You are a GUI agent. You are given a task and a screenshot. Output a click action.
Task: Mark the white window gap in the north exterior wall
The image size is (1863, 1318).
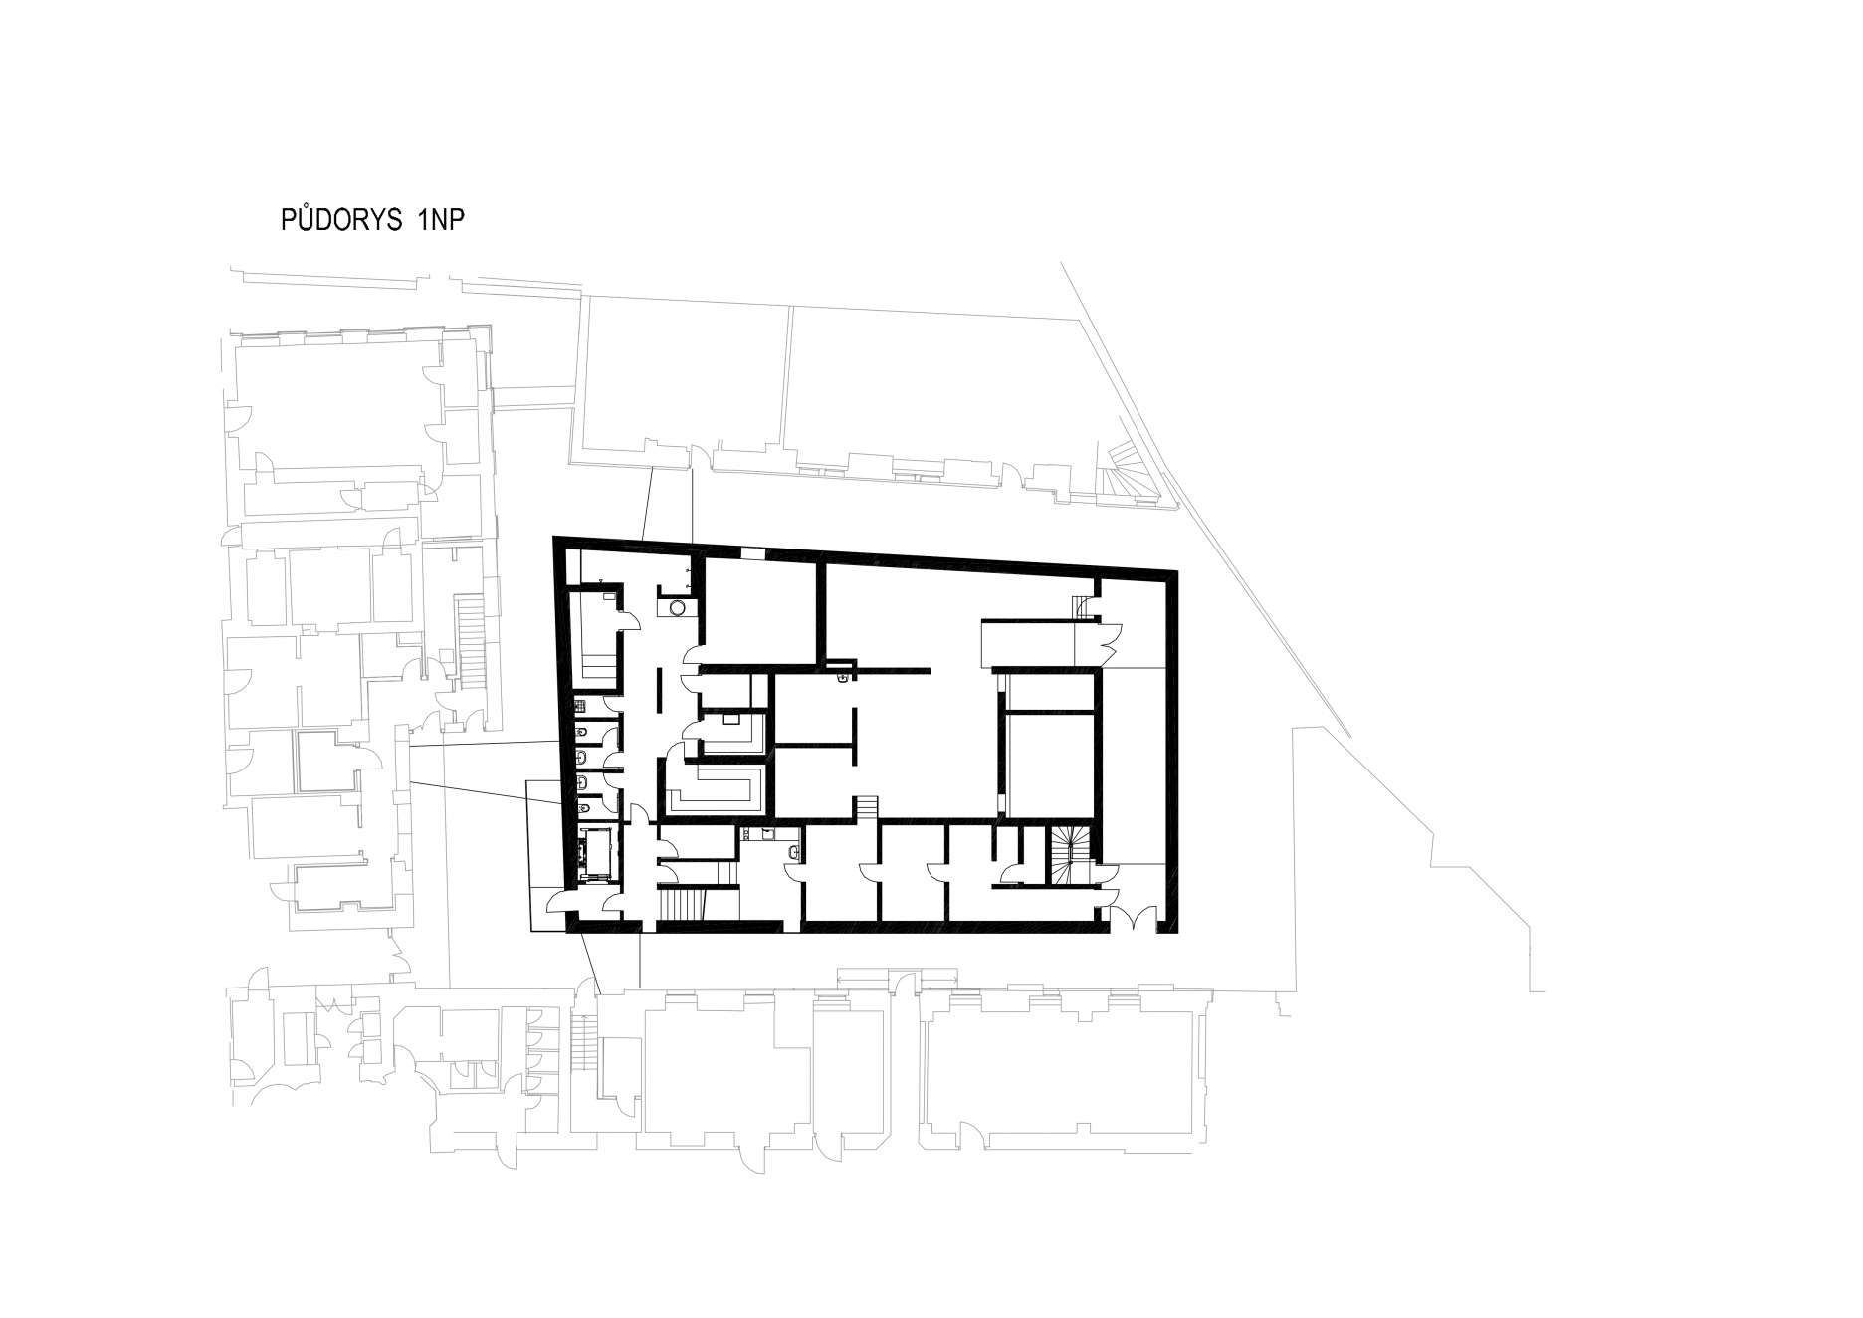(x=753, y=553)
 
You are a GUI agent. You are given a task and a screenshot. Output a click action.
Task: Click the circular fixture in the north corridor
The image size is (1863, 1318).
(x=678, y=606)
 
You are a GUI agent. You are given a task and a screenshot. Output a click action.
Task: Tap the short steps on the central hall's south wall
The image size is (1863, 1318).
(x=867, y=807)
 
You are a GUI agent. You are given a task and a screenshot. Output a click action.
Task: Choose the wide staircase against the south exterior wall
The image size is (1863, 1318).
(x=681, y=907)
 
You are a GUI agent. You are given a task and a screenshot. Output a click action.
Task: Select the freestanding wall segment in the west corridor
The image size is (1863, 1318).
(x=657, y=691)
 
